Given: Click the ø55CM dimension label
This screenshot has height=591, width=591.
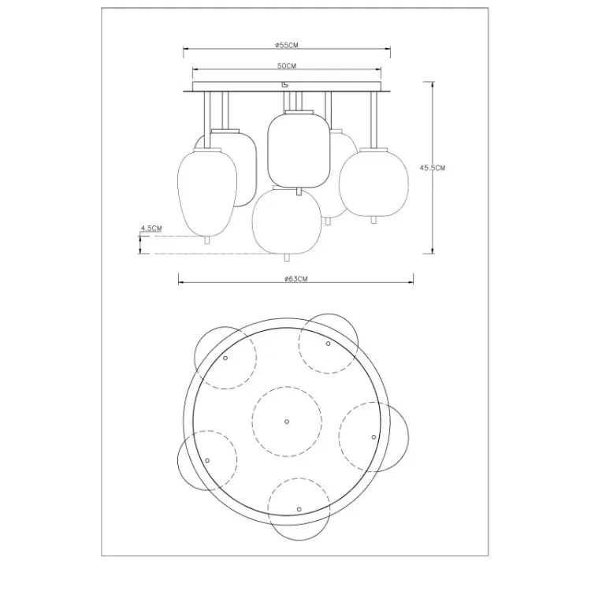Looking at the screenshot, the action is (x=287, y=45).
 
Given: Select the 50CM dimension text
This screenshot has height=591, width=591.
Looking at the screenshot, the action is (x=287, y=65).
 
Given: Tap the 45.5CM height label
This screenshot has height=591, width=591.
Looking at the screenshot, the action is (x=433, y=168).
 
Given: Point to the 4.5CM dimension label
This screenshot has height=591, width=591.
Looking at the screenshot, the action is (x=151, y=228).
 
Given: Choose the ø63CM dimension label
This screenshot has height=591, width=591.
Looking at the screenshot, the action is (x=295, y=279).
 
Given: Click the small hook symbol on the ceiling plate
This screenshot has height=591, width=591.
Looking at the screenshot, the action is (x=285, y=85).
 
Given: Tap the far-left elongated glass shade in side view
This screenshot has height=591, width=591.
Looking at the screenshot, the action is (x=207, y=192).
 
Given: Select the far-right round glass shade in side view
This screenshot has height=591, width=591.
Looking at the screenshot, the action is (x=374, y=183).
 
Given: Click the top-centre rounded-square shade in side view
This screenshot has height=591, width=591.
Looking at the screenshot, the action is (x=299, y=150).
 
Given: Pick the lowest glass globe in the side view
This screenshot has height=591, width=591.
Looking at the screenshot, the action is (x=287, y=221).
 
